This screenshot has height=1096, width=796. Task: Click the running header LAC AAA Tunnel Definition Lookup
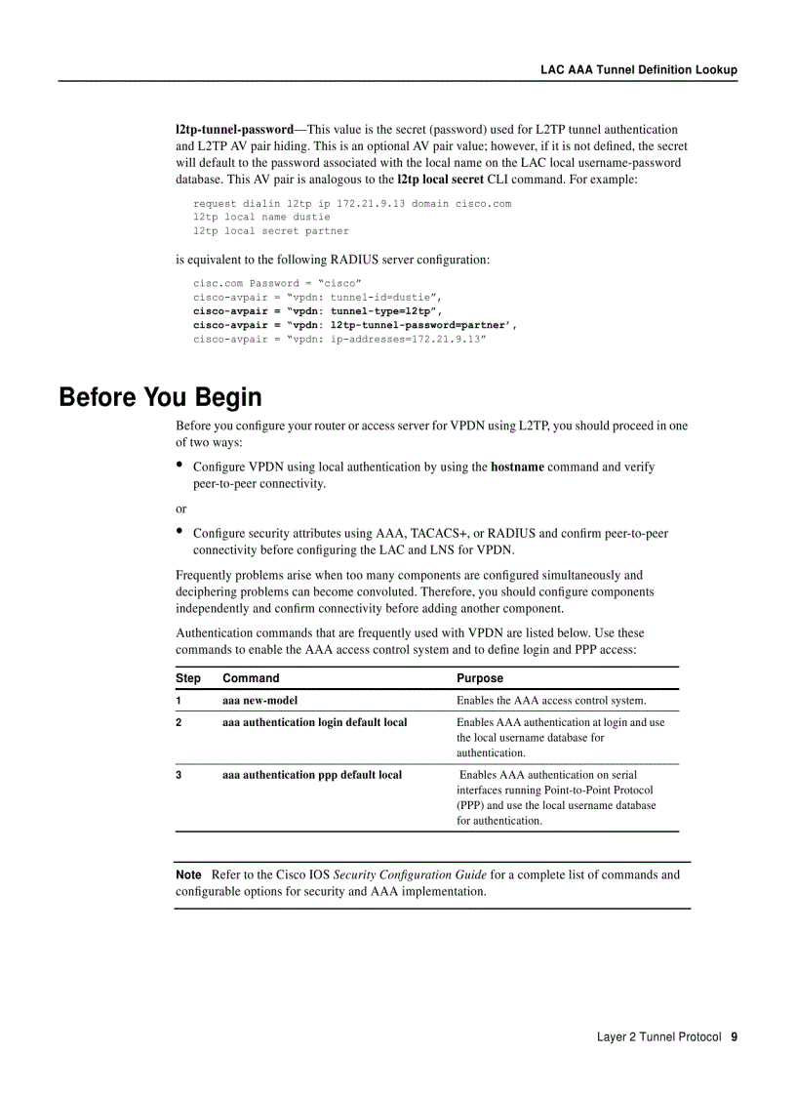(x=639, y=69)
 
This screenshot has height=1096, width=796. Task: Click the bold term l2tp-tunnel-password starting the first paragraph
(x=234, y=129)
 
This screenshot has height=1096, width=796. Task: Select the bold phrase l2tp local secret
(x=440, y=180)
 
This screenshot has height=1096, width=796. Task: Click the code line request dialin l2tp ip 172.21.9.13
(x=351, y=204)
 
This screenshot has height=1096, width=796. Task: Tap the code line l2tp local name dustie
(x=261, y=218)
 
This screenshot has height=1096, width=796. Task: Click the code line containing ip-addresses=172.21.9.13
(x=338, y=339)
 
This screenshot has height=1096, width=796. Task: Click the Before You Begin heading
(x=160, y=397)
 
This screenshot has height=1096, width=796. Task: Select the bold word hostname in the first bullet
(x=517, y=467)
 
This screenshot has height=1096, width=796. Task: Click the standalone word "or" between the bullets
(x=181, y=508)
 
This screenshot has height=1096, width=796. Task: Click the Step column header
(x=188, y=678)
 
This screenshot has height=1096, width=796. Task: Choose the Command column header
(x=251, y=678)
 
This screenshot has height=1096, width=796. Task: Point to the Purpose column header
(x=480, y=678)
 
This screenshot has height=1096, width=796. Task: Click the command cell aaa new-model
(x=259, y=700)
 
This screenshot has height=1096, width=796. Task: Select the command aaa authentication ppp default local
(x=312, y=774)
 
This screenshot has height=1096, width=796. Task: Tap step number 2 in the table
(x=179, y=722)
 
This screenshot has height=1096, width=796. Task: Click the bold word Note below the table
(x=188, y=874)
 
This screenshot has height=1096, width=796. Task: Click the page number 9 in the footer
(x=734, y=1036)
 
